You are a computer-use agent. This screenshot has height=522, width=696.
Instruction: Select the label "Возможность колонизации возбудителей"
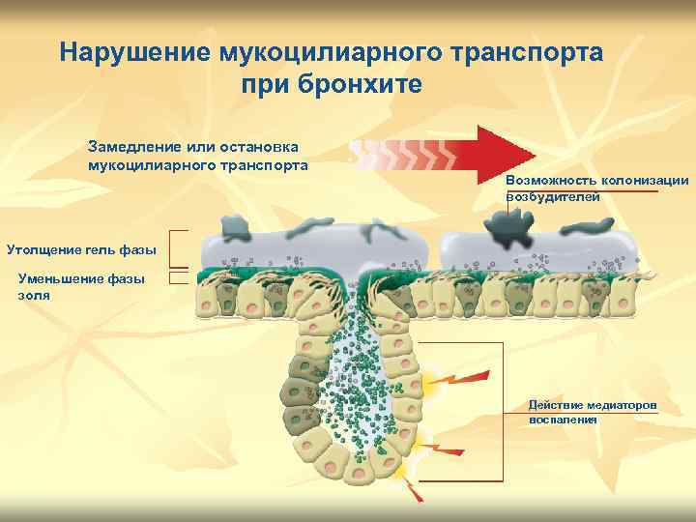tap(596, 188)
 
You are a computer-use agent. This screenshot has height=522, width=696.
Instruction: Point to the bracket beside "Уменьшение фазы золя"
tap(177, 277)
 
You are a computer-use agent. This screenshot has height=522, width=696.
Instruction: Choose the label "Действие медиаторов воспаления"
tap(592, 412)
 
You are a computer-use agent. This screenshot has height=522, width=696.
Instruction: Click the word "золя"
tap(34, 295)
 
